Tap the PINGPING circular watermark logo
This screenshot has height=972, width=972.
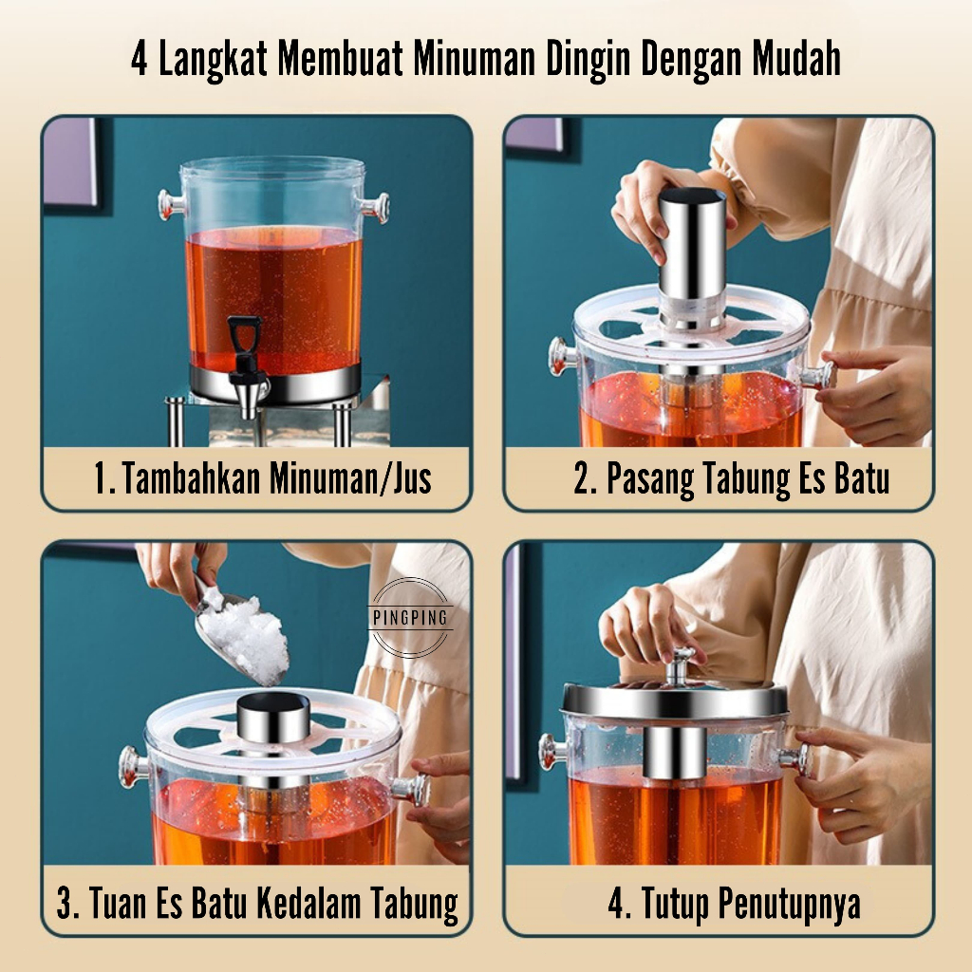tap(410, 617)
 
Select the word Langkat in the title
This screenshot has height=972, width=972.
tap(214, 60)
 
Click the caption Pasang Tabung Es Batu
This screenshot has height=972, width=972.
tap(732, 479)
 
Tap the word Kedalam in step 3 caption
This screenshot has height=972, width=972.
tap(308, 904)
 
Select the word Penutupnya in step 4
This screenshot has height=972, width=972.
tap(790, 905)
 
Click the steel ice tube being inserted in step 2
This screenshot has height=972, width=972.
tap(692, 260)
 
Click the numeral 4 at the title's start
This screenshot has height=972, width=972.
tap(140, 60)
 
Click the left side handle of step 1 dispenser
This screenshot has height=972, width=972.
tap(170, 205)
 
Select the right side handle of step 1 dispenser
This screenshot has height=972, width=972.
tap(374, 208)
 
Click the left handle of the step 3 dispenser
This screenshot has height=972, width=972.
tap(134, 767)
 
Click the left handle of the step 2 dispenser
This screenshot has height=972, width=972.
tap(562, 357)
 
